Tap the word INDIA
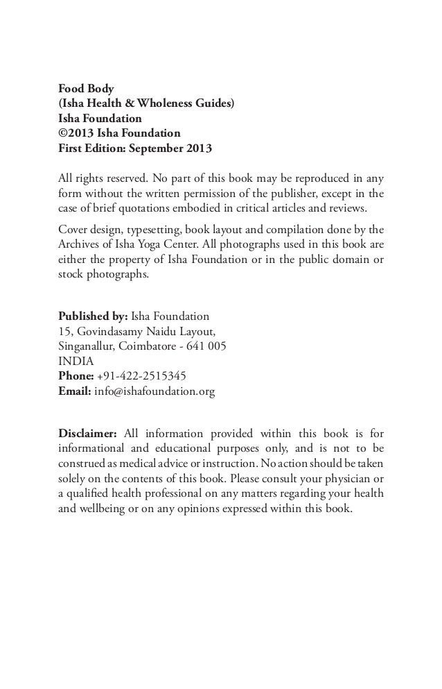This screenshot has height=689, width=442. click(x=73, y=361)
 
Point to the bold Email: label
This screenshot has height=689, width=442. click(x=74, y=390)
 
